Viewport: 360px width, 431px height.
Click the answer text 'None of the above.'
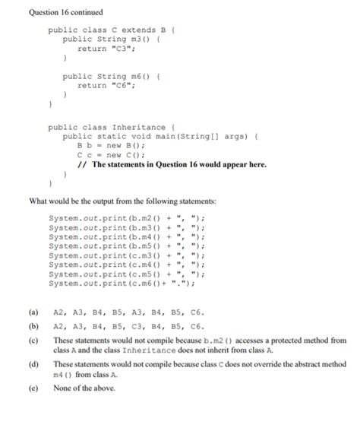[85, 388]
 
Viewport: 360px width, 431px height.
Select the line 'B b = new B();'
[111, 145]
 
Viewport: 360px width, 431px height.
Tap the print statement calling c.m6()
[122, 284]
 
